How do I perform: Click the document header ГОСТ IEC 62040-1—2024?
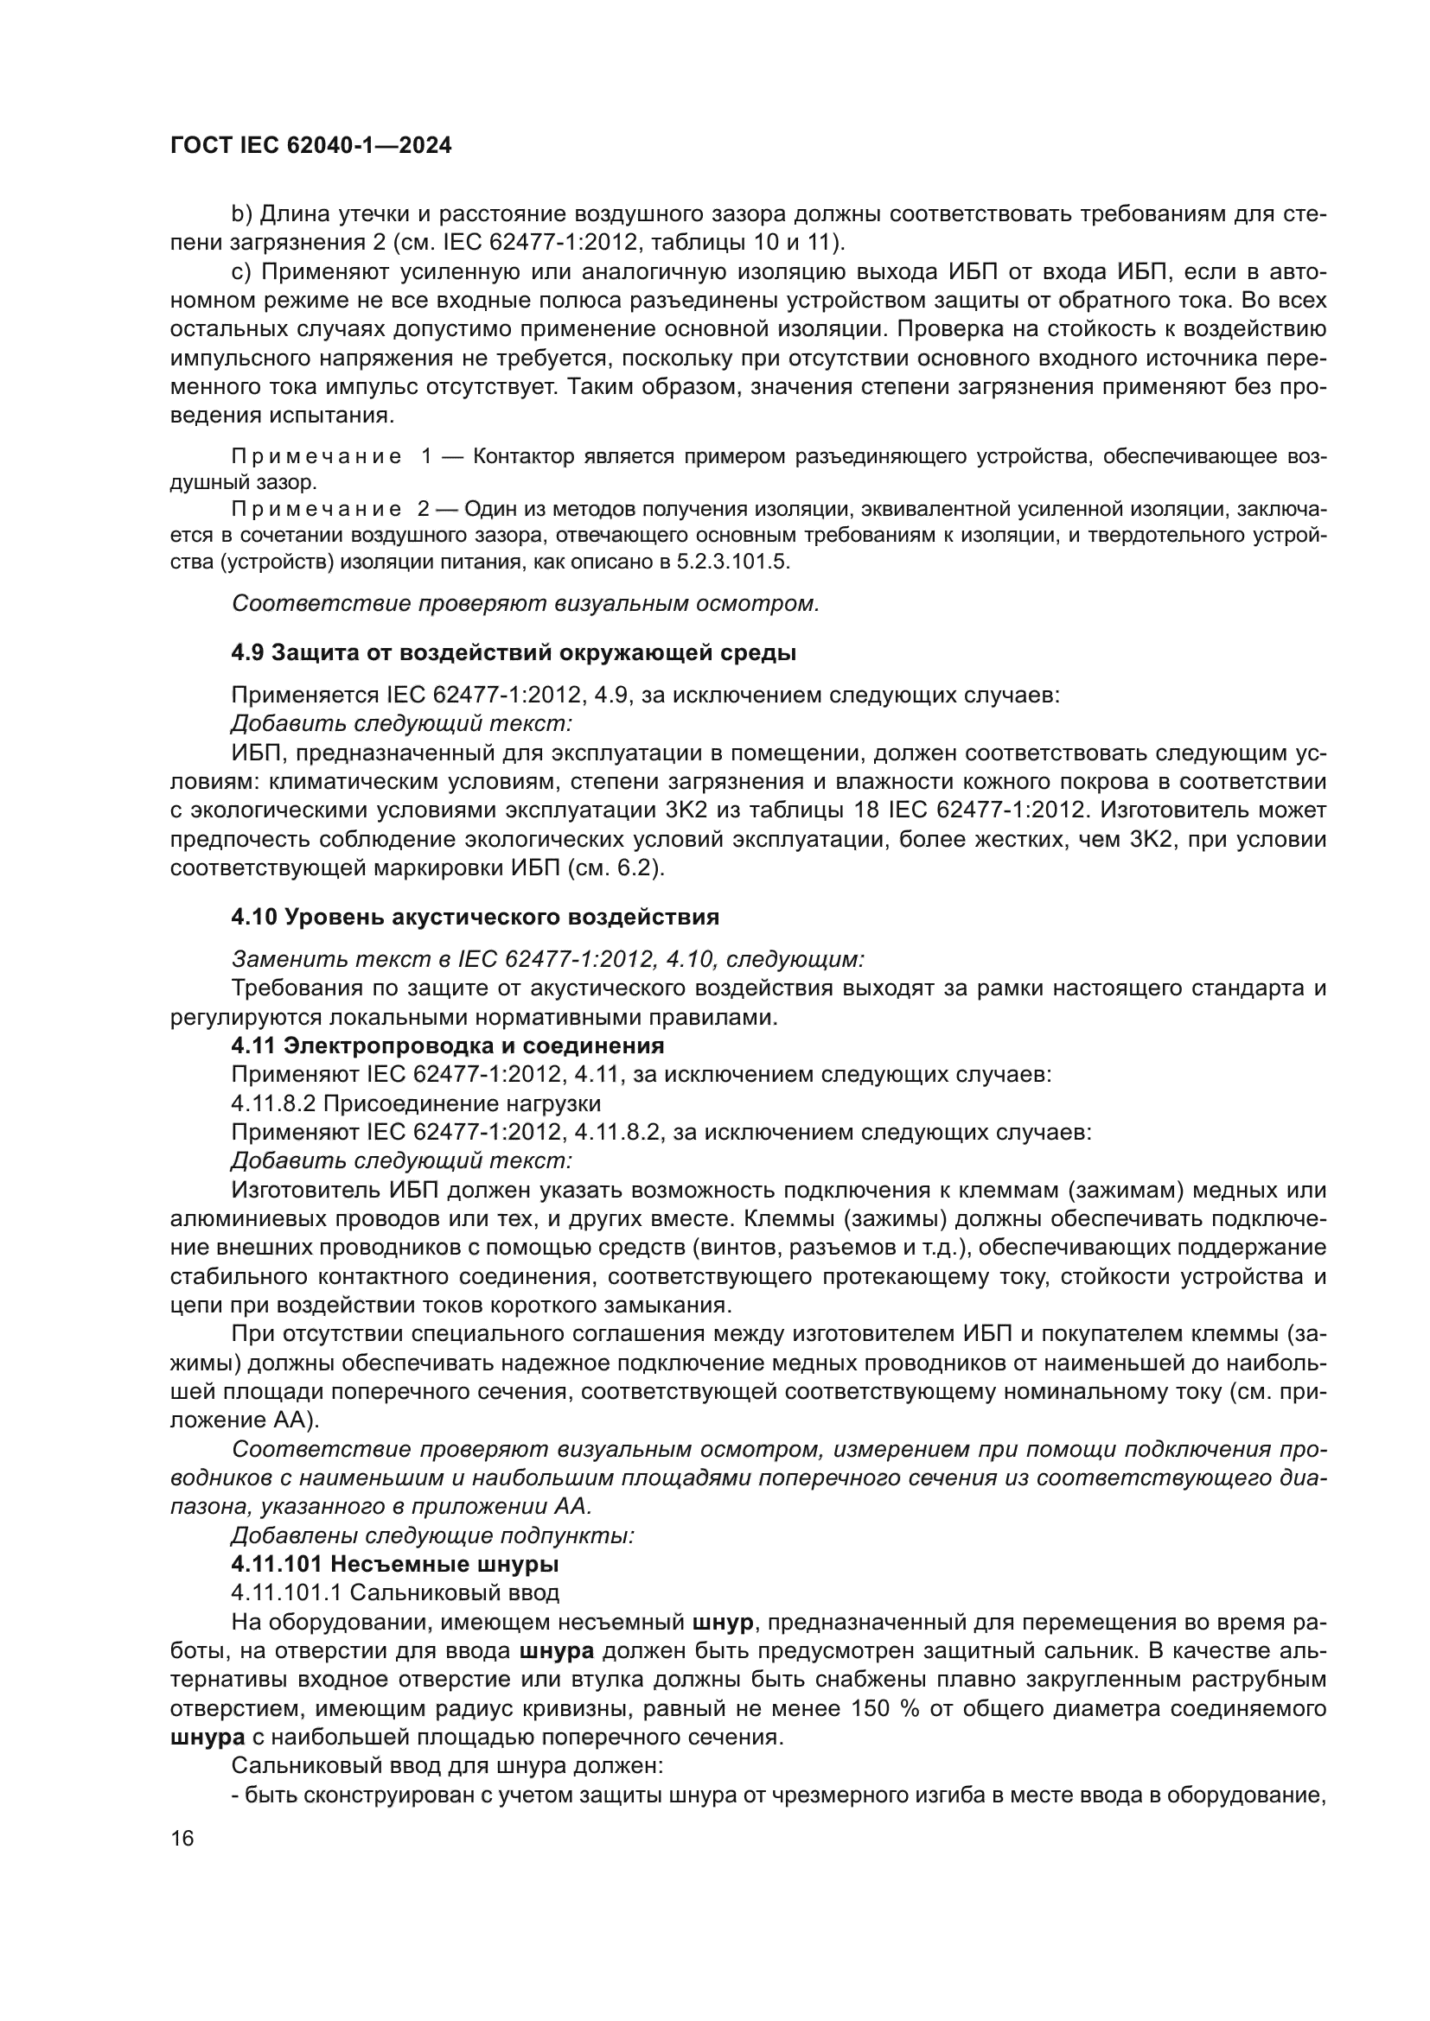[x=311, y=146]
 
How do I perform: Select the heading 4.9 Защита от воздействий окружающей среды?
[x=514, y=652]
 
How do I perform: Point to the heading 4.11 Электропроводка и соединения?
[x=447, y=1045]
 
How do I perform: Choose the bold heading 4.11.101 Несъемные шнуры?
[x=394, y=1564]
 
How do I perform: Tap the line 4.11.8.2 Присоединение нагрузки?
[x=416, y=1103]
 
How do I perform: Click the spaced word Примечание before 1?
[x=316, y=456]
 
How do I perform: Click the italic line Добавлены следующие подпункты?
[x=432, y=1536]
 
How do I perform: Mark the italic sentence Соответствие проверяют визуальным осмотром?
[x=525, y=604]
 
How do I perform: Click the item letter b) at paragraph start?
[x=240, y=214]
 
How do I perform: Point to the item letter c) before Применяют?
[x=240, y=271]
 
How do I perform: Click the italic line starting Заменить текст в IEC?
[x=546, y=958]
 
